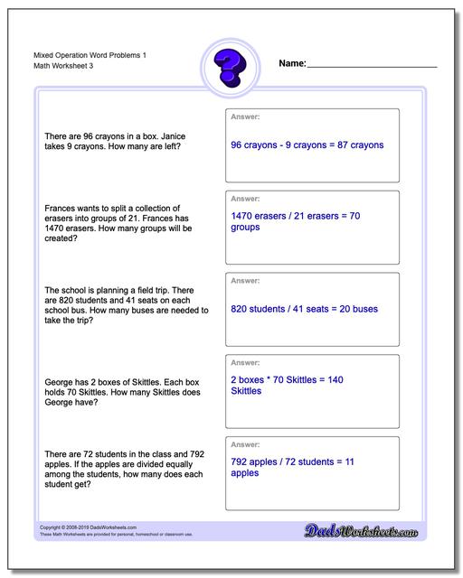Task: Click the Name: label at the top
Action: (x=292, y=64)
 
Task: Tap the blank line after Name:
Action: (x=372, y=67)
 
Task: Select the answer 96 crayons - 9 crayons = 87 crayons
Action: (x=307, y=144)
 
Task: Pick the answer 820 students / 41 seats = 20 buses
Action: (x=304, y=309)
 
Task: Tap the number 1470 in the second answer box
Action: (x=241, y=217)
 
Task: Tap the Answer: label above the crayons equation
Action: (x=245, y=117)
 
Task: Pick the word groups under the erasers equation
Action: (x=245, y=228)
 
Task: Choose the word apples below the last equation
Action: (x=245, y=472)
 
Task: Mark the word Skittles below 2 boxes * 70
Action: (x=247, y=391)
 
